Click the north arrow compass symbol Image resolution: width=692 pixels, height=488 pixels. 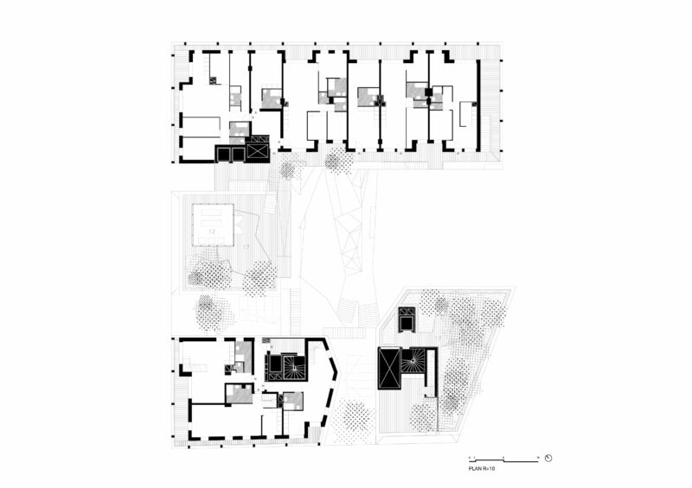[548, 458]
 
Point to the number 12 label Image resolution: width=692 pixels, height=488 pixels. [211, 232]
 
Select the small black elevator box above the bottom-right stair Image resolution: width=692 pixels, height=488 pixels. [407, 319]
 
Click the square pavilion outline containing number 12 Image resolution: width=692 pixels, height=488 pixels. [213, 224]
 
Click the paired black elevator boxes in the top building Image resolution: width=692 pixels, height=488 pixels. [230, 154]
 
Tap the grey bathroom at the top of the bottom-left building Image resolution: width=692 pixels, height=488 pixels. [240, 350]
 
